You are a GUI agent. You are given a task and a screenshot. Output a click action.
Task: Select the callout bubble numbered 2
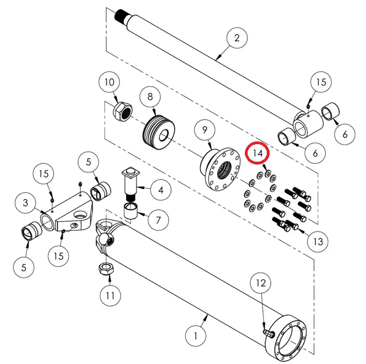point(237,38)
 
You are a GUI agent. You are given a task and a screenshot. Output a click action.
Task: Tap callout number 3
point(25,203)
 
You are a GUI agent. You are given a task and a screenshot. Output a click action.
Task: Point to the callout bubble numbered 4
point(161,191)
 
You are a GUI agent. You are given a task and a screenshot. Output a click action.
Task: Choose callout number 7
point(158,221)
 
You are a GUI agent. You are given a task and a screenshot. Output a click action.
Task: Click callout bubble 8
point(150,98)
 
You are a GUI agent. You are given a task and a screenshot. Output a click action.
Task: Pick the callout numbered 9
point(204,130)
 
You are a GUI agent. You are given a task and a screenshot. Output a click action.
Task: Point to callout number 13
point(317,240)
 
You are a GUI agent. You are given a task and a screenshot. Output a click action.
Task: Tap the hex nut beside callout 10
point(122,113)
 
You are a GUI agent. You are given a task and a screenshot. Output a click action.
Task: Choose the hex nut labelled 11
point(105,269)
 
